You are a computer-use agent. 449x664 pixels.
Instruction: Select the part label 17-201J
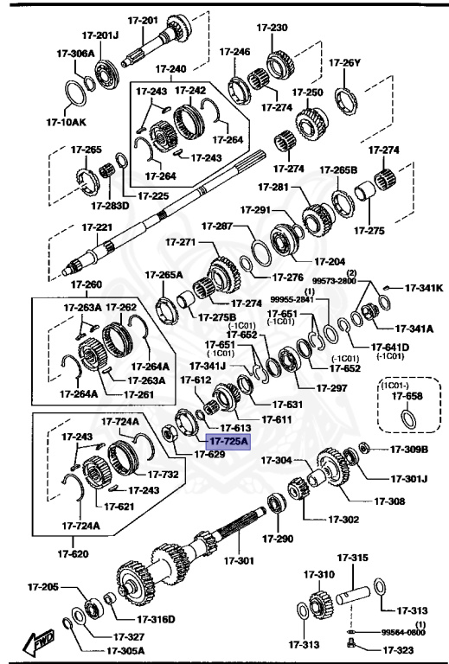tap(100, 35)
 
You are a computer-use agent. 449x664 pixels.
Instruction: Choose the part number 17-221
tap(97, 227)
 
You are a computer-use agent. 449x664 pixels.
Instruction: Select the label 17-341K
tap(424, 288)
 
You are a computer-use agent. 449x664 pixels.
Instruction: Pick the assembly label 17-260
tap(87, 284)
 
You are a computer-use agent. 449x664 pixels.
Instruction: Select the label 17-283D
tap(110, 205)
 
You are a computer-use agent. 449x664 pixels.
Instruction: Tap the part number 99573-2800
tap(335, 281)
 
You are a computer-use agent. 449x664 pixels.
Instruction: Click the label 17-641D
tap(391, 348)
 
